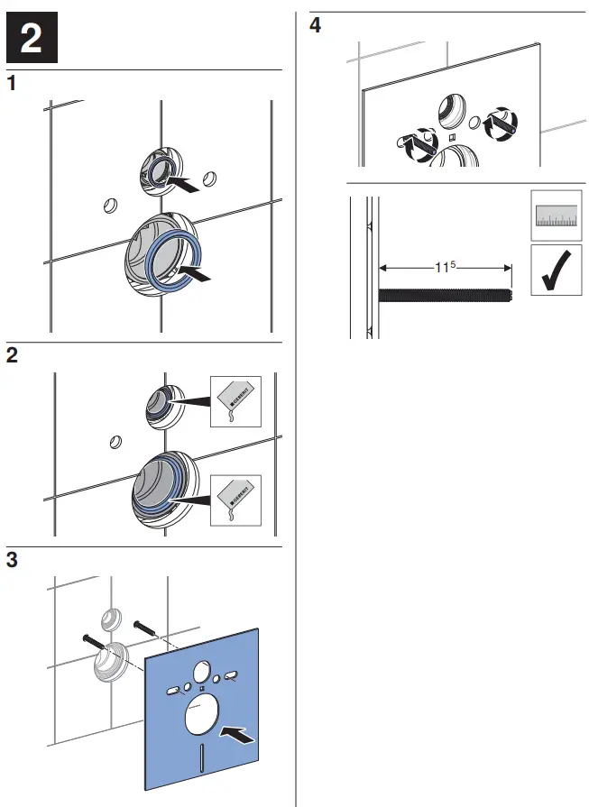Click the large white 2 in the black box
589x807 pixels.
point(32,38)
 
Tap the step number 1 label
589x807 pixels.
point(12,85)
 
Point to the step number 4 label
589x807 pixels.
point(315,25)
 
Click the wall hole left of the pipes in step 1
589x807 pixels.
point(110,206)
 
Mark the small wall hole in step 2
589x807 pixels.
point(115,442)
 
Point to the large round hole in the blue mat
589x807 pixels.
point(203,720)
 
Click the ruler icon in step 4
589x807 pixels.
point(554,215)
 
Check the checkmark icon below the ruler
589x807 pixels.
point(554,273)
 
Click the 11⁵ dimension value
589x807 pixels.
point(445,267)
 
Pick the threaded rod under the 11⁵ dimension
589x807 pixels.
point(446,294)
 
